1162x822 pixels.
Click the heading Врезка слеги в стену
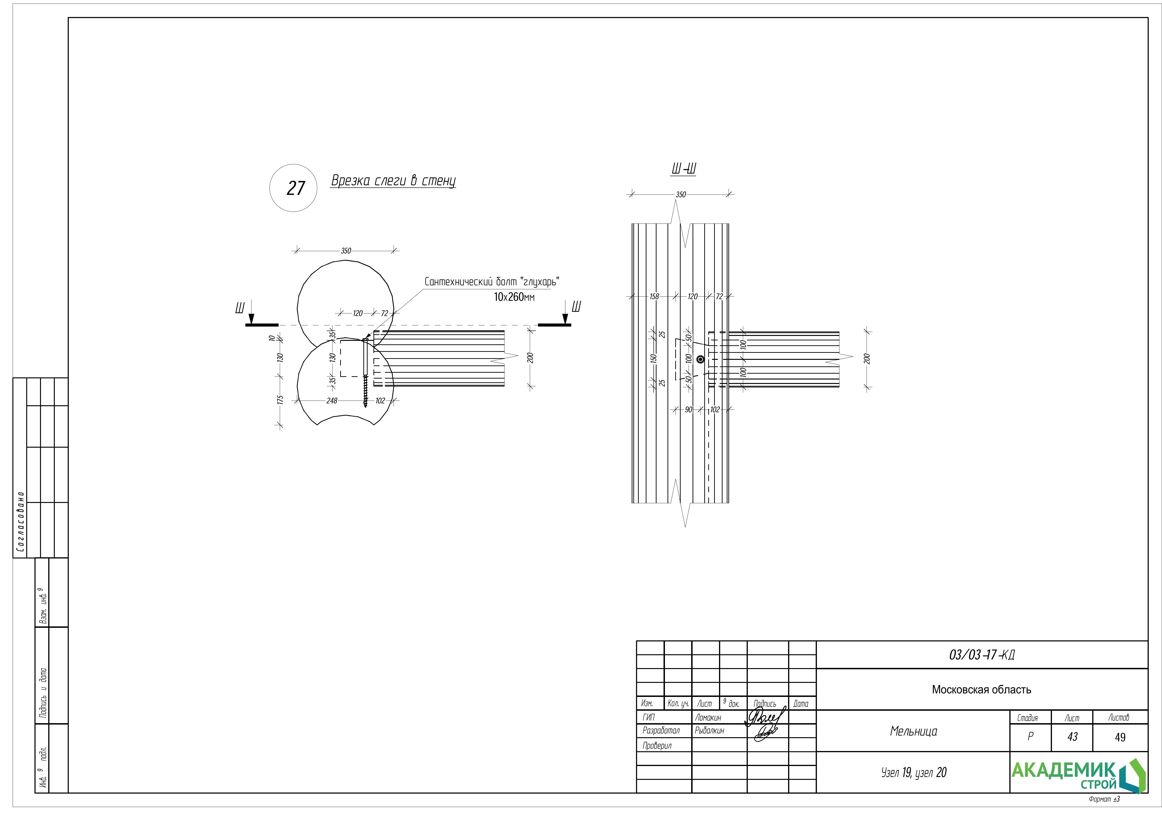tap(393, 181)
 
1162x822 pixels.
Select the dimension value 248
tap(332, 401)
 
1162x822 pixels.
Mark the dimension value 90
tap(688, 410)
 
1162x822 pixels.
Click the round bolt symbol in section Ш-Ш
tap(701, 360)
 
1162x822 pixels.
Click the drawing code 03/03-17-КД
tap(981, 655)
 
